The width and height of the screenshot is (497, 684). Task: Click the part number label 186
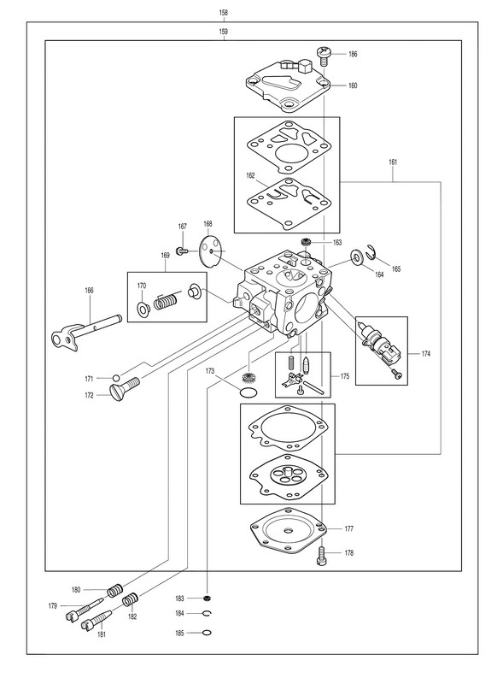(353, 54)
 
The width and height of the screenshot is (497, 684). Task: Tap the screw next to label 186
(323, 56)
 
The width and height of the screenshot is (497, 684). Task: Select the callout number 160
(353, 85)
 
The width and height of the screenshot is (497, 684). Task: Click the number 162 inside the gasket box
(250, 176)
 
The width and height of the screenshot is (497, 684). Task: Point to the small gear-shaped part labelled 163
(306, 242)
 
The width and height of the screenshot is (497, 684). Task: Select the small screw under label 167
(182, 251)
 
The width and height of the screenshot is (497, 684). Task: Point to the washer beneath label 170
(143, 309)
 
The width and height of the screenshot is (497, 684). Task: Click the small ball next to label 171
(116, 378)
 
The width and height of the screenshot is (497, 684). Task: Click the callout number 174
(425, 354)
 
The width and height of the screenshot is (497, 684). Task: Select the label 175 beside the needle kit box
(345, 376)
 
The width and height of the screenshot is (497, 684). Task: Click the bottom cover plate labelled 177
(288, 529)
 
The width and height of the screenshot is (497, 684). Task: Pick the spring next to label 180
(115, 590)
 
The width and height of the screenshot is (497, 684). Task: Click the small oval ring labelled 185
(208, 633)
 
